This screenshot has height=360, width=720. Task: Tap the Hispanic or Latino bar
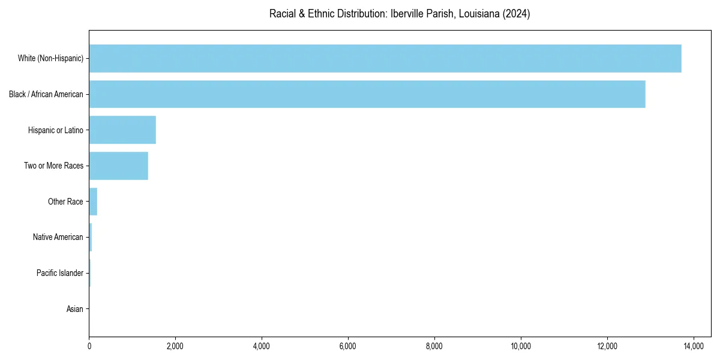[122, 130]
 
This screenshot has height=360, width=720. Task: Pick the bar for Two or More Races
[119, 166]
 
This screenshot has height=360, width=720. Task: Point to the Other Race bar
[93, 202]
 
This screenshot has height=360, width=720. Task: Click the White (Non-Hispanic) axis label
[50, 58]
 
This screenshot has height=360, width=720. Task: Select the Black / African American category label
[46, 94]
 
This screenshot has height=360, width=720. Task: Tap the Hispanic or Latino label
[56, 130]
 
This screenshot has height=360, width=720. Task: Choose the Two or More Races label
[54, 166]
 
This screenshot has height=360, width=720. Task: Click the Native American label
[58, 238]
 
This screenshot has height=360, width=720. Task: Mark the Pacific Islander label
[60, 274]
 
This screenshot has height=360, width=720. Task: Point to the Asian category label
[75, 310]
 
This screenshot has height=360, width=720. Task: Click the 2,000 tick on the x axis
[175, 346]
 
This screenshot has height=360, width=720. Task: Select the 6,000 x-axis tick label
[348, 346]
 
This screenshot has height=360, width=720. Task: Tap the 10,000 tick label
[521, 346]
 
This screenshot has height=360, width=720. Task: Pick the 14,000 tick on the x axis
[694, 346]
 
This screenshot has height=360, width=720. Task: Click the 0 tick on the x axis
[89, 346]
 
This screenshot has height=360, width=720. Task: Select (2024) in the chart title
[517, 14]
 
